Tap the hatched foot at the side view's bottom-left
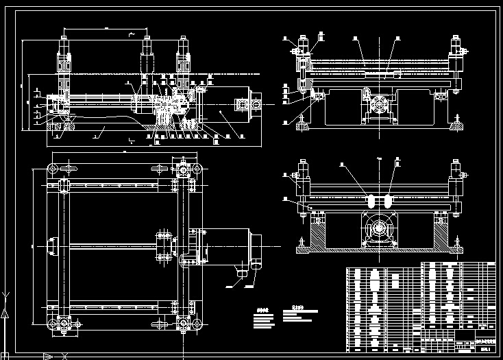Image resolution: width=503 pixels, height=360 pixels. coord(68,124)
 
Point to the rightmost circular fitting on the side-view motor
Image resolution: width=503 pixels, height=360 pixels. coord(256,105)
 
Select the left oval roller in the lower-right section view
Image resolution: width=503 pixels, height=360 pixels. coord(371,201)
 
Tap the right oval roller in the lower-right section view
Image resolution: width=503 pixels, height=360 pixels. coord(389,201)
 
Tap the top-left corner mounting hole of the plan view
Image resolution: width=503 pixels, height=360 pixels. coord(53,169)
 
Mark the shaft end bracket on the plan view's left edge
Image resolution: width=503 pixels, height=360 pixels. coord(53,245)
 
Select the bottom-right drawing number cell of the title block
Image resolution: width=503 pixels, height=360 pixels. coord(486,348)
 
